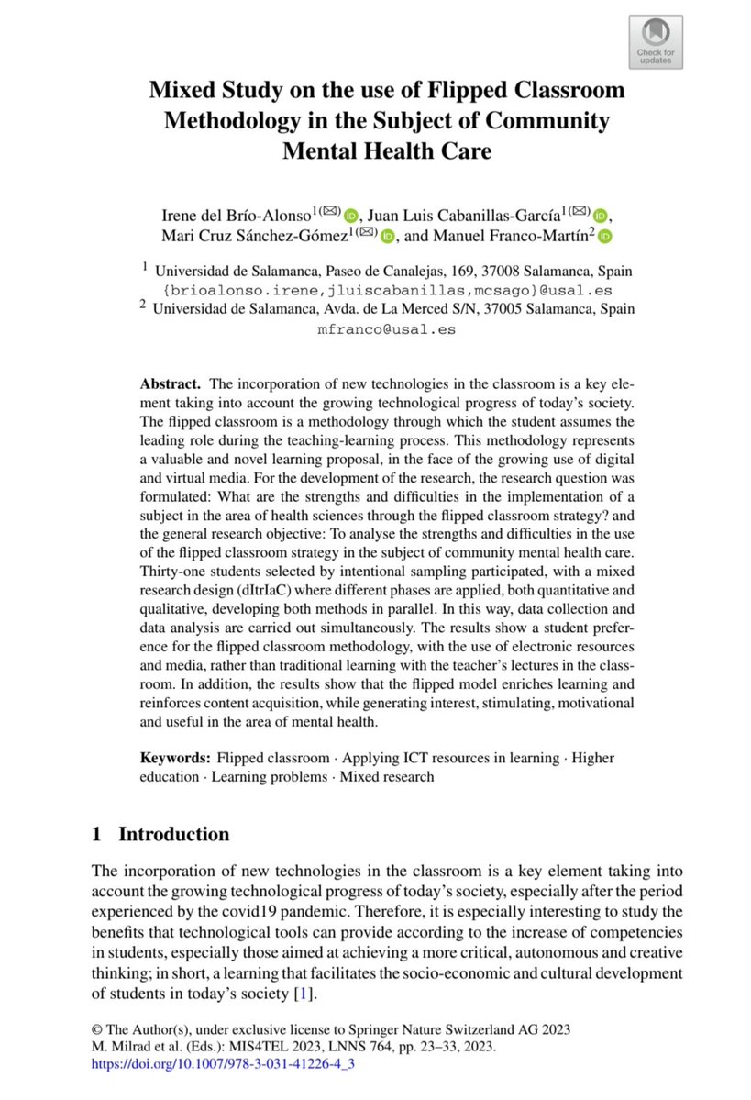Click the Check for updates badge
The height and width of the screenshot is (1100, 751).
click(x=656, y=41)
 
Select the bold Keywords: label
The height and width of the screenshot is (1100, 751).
click(x=175, y=758)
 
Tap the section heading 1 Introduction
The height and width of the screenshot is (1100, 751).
click(x=160, y=834)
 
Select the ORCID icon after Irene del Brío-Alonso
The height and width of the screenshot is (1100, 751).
click(x=353, y=216)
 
